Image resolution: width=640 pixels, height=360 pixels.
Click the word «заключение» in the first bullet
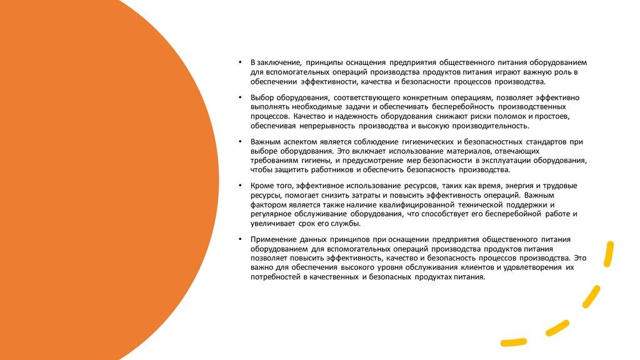pos(279,63)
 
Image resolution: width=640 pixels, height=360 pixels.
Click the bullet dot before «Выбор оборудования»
pos(240,98)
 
